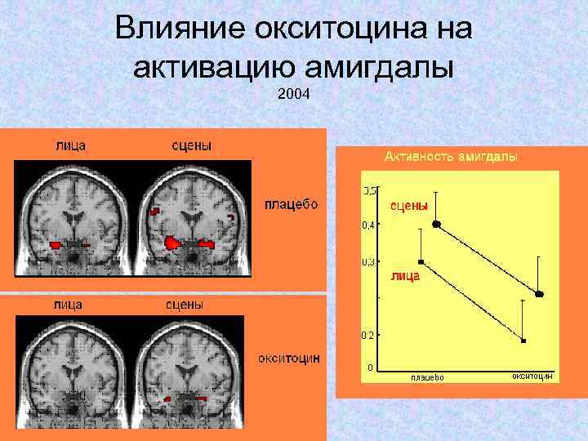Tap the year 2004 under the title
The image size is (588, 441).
coord(294,94)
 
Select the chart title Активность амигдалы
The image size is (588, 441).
coord(450,156)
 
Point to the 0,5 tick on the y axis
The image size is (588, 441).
coord(369,190)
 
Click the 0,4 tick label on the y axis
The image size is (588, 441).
coord(369,225)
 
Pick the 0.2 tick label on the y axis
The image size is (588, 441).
coord(369,335)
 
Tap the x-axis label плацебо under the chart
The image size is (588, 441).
coord(427,377)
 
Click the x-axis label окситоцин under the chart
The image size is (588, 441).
coord(532,376)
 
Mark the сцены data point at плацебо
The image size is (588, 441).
coord(437,223)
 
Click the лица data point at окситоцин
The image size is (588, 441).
coord(523,340)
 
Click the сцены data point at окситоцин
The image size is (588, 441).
coord(539,293)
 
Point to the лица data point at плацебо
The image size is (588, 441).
coord(421,261)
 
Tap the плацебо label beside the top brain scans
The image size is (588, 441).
coord(291,203)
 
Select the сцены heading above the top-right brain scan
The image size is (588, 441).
coord(191,145)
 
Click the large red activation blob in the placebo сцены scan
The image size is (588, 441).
coord(173,243)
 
